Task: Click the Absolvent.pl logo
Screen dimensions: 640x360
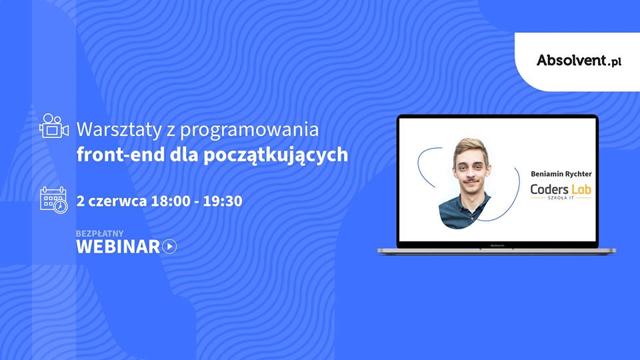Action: (579, 61)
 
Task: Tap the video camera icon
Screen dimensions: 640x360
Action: (54, 126)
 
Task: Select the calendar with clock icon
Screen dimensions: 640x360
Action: (54, 200)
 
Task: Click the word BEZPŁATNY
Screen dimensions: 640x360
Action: (99, 233)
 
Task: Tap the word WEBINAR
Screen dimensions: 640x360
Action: (118, 247)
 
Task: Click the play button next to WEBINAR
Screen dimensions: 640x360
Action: (169, 247)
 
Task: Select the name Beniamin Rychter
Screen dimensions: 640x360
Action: (561, 174)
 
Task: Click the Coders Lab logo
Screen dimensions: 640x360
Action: (561, 191)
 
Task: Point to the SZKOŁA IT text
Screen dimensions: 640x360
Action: (561, 198)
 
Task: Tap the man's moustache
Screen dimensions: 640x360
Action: (471, 180)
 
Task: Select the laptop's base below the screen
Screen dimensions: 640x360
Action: (497, 251)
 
